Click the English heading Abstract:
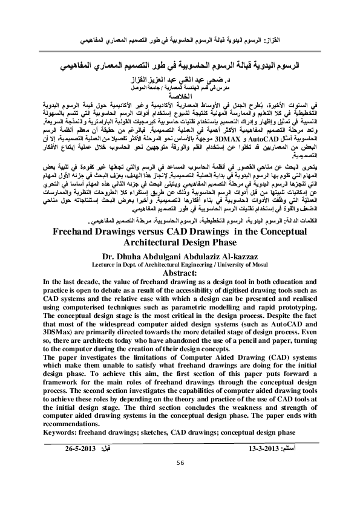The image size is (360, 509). click(180, 272)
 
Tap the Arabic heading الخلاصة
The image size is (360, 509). click(180, 95)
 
